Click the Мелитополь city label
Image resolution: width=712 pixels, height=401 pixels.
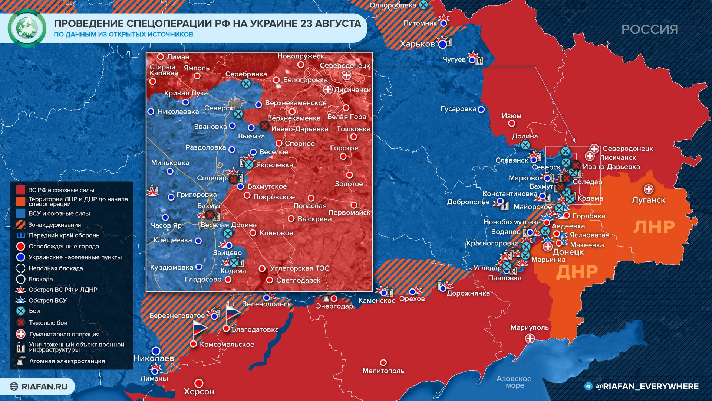(x=383, y=371)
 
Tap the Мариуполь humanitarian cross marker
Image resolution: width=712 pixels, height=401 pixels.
(x=530, y=338)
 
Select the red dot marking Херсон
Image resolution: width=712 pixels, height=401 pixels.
(x=199, y=383)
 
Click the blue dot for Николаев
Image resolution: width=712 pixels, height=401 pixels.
(x=156, y=351)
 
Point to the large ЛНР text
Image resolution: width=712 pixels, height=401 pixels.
(x=653, y=227)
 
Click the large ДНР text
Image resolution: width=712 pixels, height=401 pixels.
(x=577, y=272)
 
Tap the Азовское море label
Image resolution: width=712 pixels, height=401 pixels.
(x=514, y=382)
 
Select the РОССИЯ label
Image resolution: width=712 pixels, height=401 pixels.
(x=649, y=29)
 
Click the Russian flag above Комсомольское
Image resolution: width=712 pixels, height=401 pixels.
(x=199, y=328)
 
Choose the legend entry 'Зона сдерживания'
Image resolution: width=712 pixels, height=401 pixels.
(x=55, y=225)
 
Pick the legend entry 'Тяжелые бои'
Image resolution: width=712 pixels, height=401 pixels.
(x=48, y=323)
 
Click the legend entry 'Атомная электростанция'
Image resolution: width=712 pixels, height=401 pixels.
(x=67, y=361)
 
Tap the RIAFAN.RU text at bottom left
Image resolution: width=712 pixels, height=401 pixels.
(x=44, y=387)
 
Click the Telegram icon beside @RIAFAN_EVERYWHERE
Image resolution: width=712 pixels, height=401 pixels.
(x=588, y=387)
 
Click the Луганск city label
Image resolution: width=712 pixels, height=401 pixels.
(x=648, y=200)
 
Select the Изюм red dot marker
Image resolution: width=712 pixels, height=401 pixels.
(x=511, y=124)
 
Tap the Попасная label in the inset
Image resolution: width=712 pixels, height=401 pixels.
(x=310, y=206)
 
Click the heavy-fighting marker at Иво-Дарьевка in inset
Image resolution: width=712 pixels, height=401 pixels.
(x=264, y=126)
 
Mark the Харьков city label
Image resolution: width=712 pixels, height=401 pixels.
(x=417, y=44)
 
